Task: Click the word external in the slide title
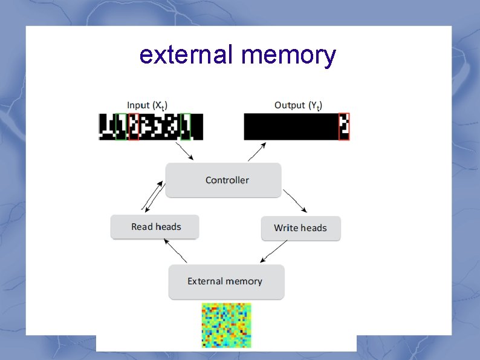[x=187, y=55]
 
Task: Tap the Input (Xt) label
[x=152, y=105]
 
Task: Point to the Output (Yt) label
[x=298, y=105]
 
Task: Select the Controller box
[x=224, y=180]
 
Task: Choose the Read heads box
[x=155, y=227]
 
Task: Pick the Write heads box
[x=300, y=228]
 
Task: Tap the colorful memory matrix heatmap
[x=226, y=326]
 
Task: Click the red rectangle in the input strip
[x=134, y=127]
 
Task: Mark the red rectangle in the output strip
[x=344, y=127]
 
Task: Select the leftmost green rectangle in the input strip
[x=122, y=127]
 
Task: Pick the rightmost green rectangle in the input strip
[x=186, y=127]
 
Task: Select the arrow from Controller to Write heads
[x=295, y=201]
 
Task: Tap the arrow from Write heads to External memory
[x=274, y=251]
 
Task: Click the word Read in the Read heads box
[x=143, y=227]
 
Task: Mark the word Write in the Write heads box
[x=286, y=228]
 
